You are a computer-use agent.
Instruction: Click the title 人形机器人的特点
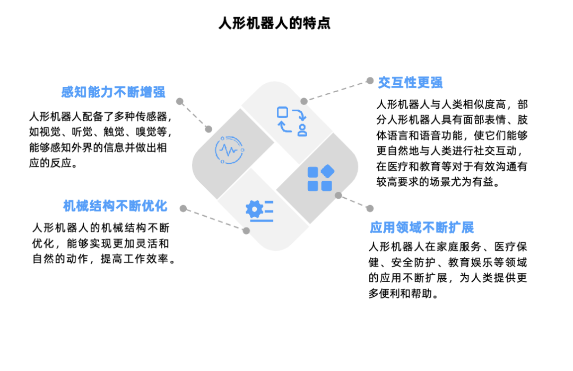click(274, 23)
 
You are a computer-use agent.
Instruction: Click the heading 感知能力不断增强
click(114, 92)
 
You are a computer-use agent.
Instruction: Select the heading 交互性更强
click(410, 83)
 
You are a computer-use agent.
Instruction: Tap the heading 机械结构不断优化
click(115, 206)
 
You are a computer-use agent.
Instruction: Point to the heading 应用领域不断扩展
click(422, 227)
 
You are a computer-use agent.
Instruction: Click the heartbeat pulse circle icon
click(230, 150)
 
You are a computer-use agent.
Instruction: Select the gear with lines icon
click(259, 211)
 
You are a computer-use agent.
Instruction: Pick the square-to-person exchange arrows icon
click(292, 121)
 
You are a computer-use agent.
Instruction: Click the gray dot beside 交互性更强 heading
click(370, 81)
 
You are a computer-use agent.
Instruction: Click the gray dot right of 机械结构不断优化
click(183, 208)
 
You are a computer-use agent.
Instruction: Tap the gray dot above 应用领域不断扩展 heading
click(370, 208)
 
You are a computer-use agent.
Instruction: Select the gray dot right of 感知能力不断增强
click(179, 102)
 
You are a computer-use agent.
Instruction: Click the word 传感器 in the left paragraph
click(151, 117)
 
